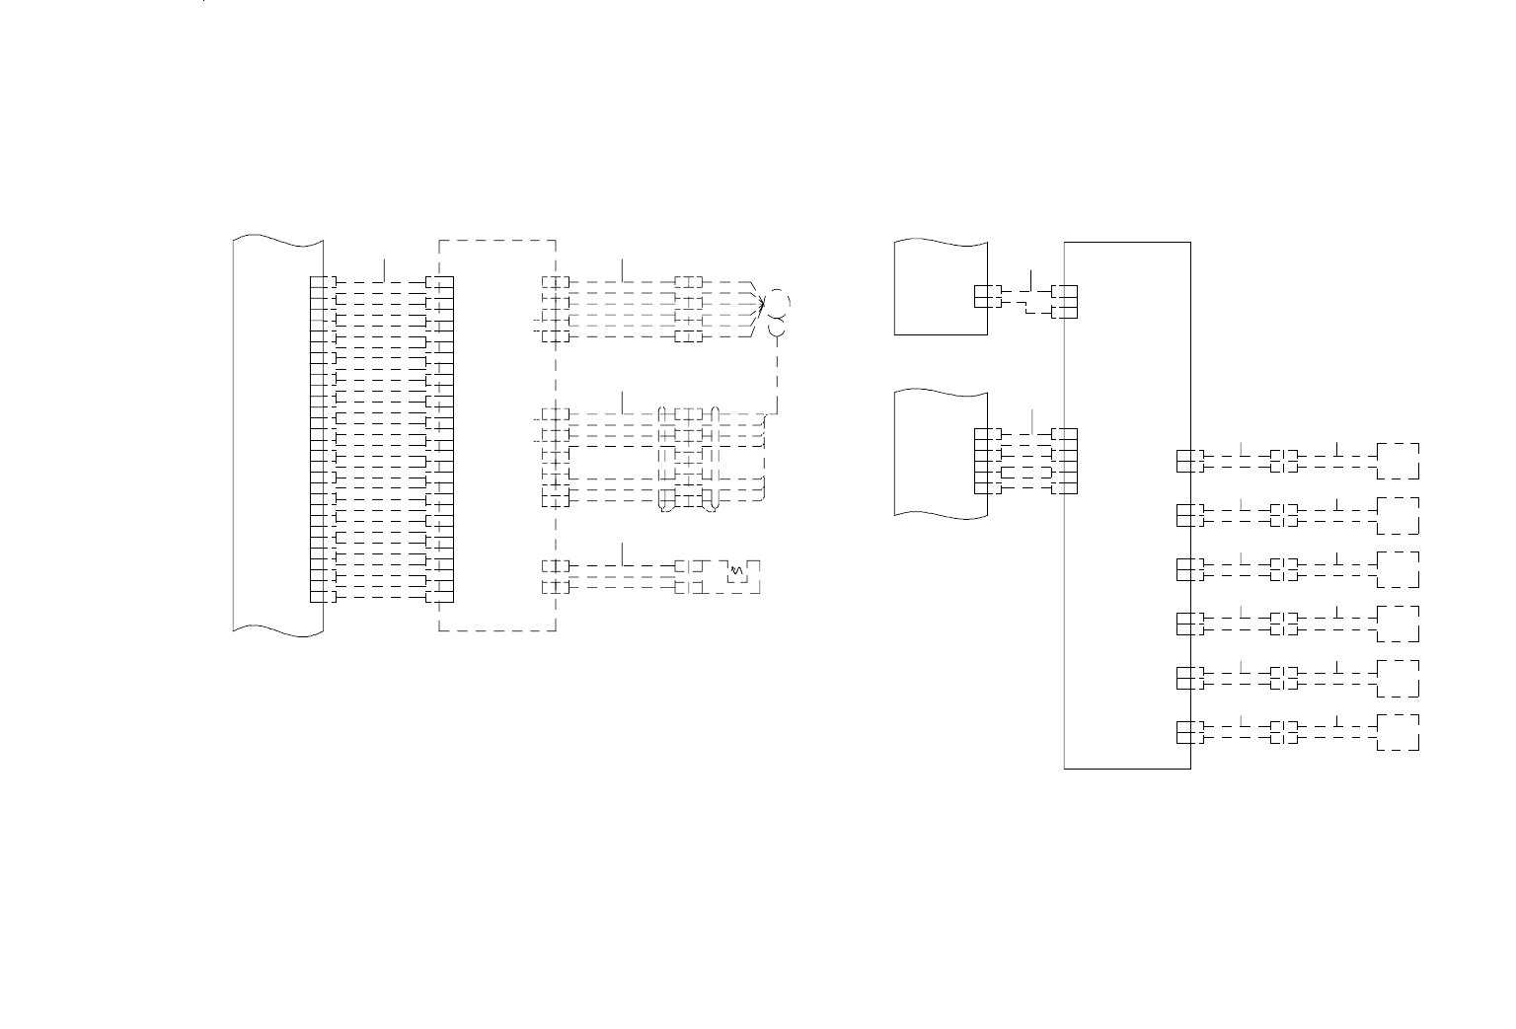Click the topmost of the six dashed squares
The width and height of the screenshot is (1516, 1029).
[x=1399, y=461]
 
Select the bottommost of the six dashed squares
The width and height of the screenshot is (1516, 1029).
[x=1399, y=732]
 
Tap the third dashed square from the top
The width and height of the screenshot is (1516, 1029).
[x=1399, y=569]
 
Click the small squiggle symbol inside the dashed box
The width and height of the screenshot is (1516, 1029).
[x=735, y=571]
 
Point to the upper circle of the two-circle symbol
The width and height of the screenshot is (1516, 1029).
[x=778, y=301]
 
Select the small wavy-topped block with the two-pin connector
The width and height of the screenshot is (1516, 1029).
[x=940, y=286]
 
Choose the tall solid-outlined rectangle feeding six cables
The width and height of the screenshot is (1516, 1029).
[x=1127, y=504]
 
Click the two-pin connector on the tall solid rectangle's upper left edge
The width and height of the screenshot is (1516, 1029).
[x=1065, y=302]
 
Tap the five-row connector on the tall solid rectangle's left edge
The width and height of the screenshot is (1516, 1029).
[x=1065, y=461]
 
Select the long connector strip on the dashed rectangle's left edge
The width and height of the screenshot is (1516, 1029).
[x=439, y=439]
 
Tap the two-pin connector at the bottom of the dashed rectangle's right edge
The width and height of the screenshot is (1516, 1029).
[x=556, y=576]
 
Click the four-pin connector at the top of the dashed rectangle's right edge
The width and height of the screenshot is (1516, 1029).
[x=556, y=309]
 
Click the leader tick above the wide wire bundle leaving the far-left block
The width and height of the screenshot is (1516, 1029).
[x=384, y=268]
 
